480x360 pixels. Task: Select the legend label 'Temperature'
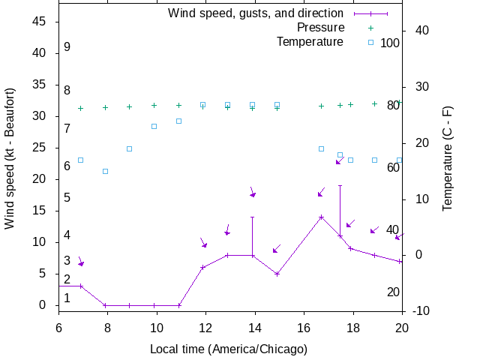pos(310,41)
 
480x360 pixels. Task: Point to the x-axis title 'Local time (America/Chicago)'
pos(229,349)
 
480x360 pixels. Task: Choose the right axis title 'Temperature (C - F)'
pos(448,157)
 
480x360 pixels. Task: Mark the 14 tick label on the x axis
pos(254,327)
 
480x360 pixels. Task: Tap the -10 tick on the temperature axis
pos(420,310)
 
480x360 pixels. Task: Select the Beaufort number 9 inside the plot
pos(67,46)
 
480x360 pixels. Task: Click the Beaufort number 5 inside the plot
pos(67,198)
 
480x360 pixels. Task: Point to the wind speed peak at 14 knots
pos(321,217)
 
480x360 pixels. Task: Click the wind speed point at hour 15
pos(277,274)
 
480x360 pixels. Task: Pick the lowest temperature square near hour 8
pos(105,171)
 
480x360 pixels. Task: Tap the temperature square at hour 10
pos(154,126)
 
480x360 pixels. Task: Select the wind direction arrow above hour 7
pos(81,262)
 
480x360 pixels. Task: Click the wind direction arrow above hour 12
pos(203,243)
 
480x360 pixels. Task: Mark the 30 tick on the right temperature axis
pos(420,86)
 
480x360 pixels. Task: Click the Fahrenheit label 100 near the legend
pos(390,43)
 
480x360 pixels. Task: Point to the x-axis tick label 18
pos(352,327)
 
